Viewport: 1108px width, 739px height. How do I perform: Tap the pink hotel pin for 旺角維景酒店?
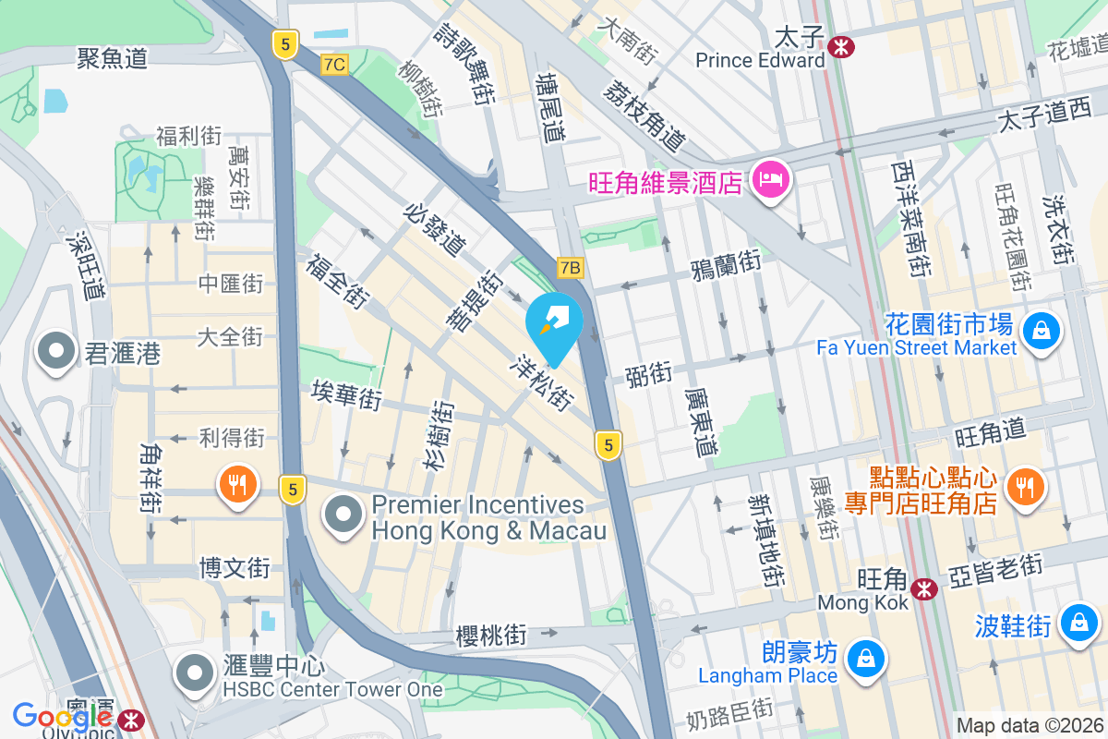pyautogui.click(x=770, y=178)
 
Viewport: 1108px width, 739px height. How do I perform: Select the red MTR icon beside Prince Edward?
pyautogui.click(x=840, y=44)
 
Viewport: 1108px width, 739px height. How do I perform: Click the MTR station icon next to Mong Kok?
pyautogui.click(x=923, y=588)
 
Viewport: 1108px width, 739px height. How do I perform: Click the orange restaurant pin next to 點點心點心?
pyautogui.click(x=1023, y=484)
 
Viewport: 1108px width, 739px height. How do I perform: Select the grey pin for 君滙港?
pyautogui.click(x=56, y=352)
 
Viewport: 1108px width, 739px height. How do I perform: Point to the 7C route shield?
pyautogui.click(x=334, y=64)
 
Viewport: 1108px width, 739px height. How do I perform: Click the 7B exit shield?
pyautogui.click(x=571, y=268)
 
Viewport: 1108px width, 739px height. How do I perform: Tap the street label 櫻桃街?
pyautogui.click(x=491, y=636)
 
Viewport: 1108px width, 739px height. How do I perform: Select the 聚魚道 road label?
pyautogui.click(x=113, y=59)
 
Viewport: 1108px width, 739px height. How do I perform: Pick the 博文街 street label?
pyautogui.click(x=235, y=566)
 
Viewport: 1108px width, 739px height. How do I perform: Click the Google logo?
pyautogui.click(x=62, y=716)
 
